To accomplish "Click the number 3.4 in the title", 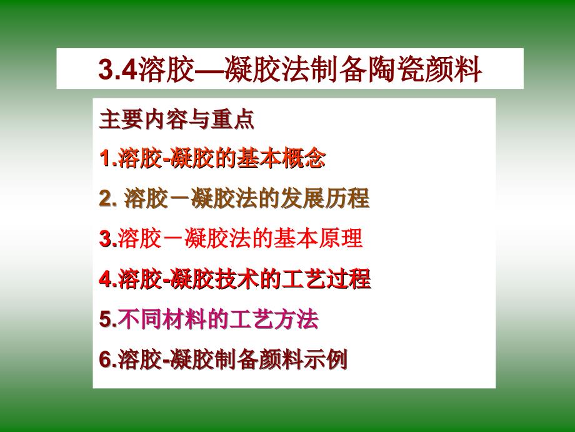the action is (x=117, y=69).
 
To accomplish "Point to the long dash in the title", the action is (x=209, y=69).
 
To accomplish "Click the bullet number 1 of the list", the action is (x=105, y=158).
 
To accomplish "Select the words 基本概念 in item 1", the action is (x=281, y=158).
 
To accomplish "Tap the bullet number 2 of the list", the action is (x=106, y=198).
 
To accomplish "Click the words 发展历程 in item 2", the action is (x=325, y=198).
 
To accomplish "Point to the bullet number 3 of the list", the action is (x=105, y=239).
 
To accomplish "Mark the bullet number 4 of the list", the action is (x=105, y=279).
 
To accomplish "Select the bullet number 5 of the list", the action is (x=105, y=319).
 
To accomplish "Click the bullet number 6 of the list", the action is (x=105, y=359).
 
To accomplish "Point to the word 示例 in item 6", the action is (x=325, y=359).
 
